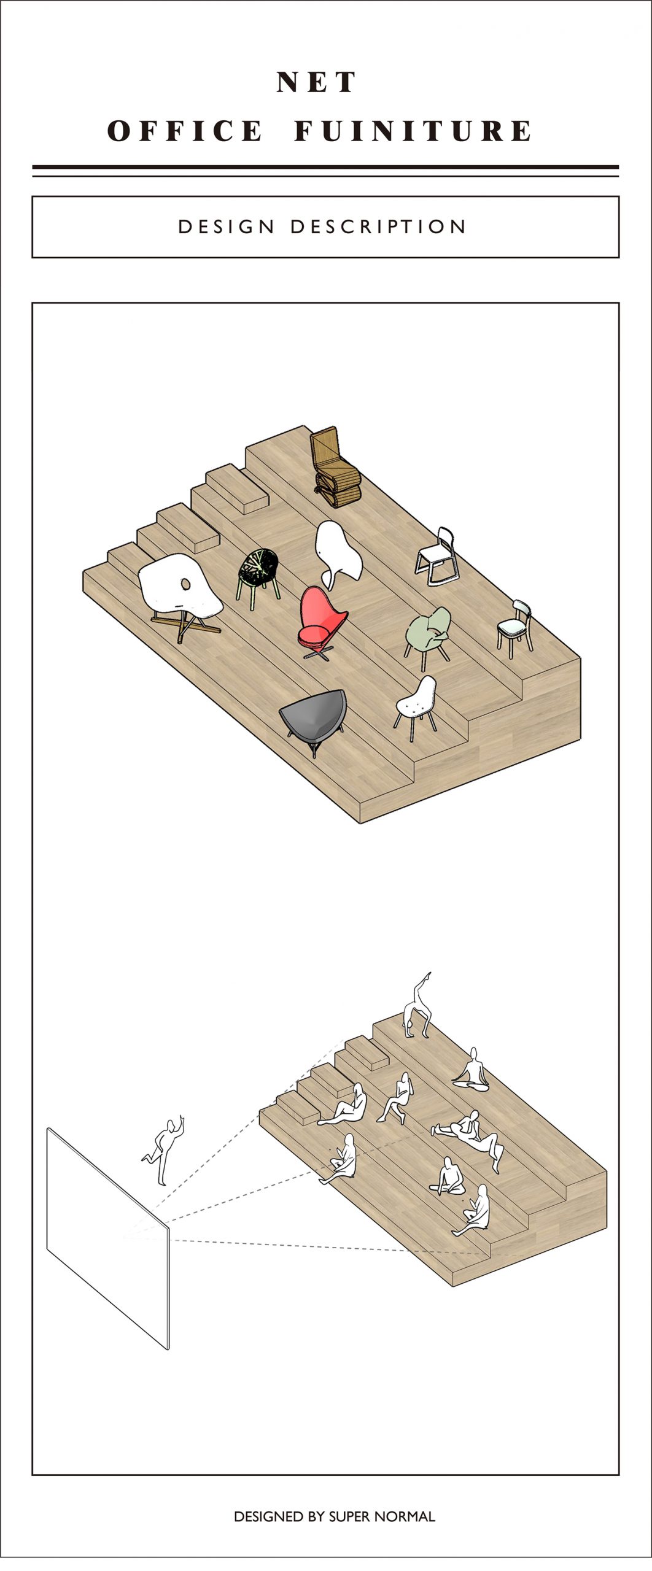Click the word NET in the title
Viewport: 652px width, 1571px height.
pyautogui.click(x=316, y=82)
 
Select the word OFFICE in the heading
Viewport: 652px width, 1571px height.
pyautogui.click(x=185, y=131)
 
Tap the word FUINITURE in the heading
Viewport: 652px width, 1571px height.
pyautogui.click(x=413, y=131)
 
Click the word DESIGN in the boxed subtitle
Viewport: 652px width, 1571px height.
pyautogui.click(x=226, y=227)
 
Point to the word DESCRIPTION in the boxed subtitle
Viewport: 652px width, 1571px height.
pyautogui.click(x=378, y=227)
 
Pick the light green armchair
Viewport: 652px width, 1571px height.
pyautogui.click(x=427, y=636)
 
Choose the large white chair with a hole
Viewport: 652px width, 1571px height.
pyautogui.click(x=179, y=594)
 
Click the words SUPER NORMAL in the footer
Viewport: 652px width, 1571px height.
pyautogui.click(x=382, y=1516)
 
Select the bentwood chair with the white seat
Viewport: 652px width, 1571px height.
pyautogui.click(x=514, y=627)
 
